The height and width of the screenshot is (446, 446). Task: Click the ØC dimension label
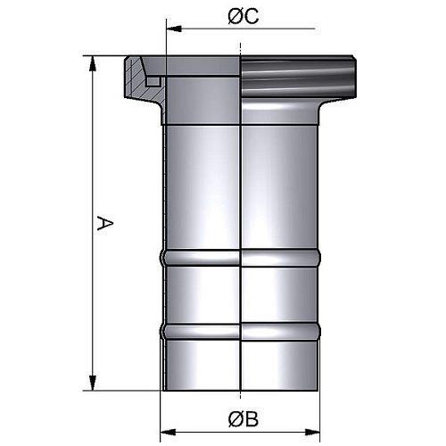point(244,16)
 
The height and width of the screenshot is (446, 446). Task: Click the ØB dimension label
point(244,419)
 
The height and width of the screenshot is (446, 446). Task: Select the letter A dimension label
point(105,224)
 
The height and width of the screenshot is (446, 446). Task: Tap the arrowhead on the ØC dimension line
point(174,29)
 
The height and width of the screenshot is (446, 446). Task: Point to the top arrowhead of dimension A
point(93,63)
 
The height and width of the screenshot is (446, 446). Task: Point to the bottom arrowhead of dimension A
point(93,383)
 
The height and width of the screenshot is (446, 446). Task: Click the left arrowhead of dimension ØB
point(168,433)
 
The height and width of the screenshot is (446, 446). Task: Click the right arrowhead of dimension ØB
point(312,433)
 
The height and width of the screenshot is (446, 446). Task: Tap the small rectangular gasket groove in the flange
point(153,82)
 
